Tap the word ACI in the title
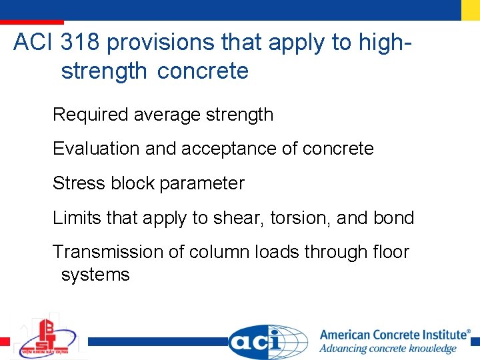[x=33, y=43]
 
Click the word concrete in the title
[x=203, y=71]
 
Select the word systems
[x=95, y=275]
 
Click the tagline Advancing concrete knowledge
[x=388, y=349]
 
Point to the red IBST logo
[x=47, y=337]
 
